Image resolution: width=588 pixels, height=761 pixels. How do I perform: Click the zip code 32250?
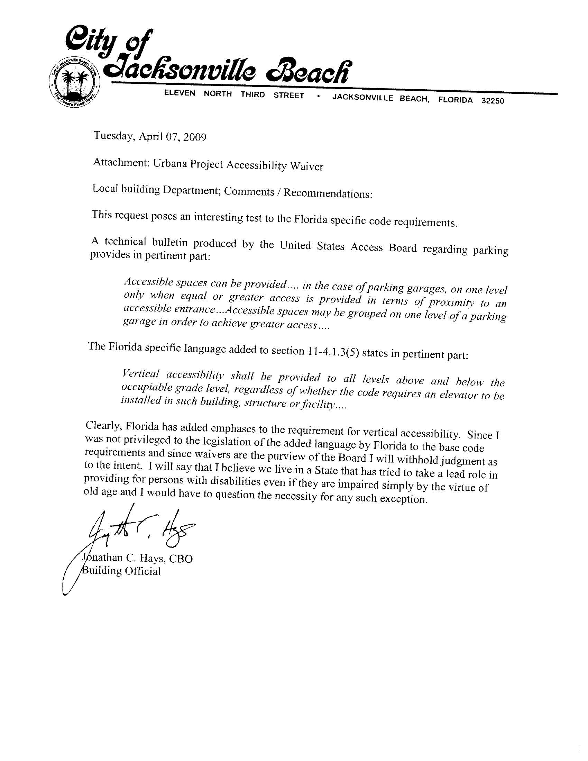point(493,101)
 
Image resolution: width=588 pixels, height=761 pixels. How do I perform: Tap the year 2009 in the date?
point(195,137)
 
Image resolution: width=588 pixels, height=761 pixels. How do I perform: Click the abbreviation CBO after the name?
point(181,559)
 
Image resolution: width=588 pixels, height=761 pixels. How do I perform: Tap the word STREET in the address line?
point(289,96)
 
